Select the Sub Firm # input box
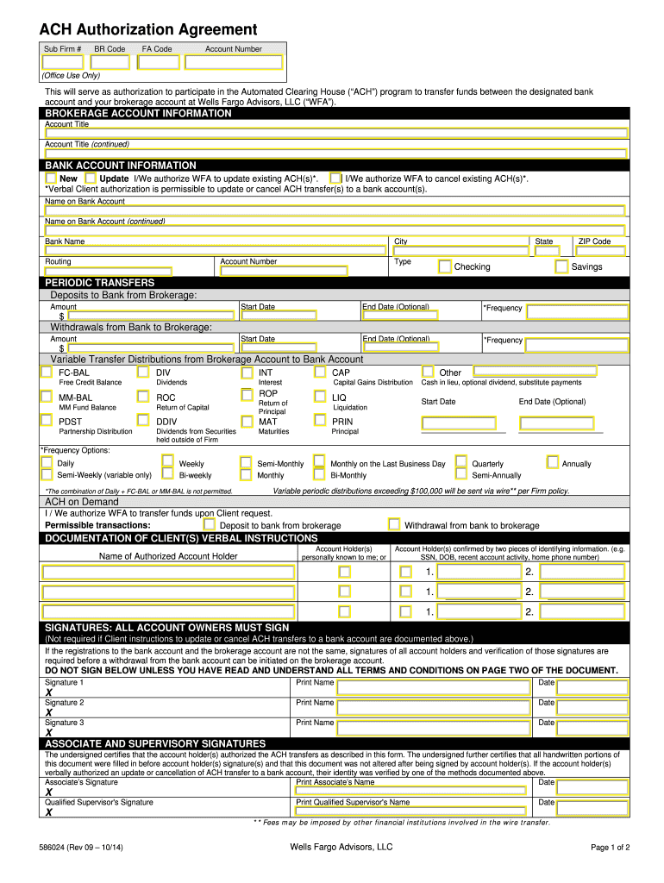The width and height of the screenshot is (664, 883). pyautogui.click(x=62, y=62)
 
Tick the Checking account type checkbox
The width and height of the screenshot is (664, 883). pyautogui.click(x=444, y=266)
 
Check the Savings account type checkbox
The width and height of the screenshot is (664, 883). pyautogui.click(x=561, y=266)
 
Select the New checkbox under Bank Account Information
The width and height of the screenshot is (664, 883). pyautogui.click(x=51, y=178)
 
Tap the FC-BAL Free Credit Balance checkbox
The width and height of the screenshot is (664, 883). pyautogui.click(x=47, y=372)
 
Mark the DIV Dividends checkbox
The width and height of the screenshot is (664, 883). pyautogui.click(x=144, y=372)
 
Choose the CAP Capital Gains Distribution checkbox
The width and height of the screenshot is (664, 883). pyautogui.click(x=321, y=372)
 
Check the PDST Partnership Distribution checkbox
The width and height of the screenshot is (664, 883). pyautogui.click(x=47, y=422)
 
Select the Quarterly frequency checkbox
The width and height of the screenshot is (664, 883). pyautogui.click(x=461, y=462)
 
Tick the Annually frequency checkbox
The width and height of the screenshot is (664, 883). pyautogui.click(x=552, y=462)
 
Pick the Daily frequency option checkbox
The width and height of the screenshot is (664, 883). pyautogui.click(x=47, y=462)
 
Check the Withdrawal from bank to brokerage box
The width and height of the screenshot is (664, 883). pyautogui.click(x=394, y=524)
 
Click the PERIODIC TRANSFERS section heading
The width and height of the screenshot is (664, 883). pyautogui.click(x=100, y=283)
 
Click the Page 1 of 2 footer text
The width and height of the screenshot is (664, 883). pyautogui.click(x=610, y=847)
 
